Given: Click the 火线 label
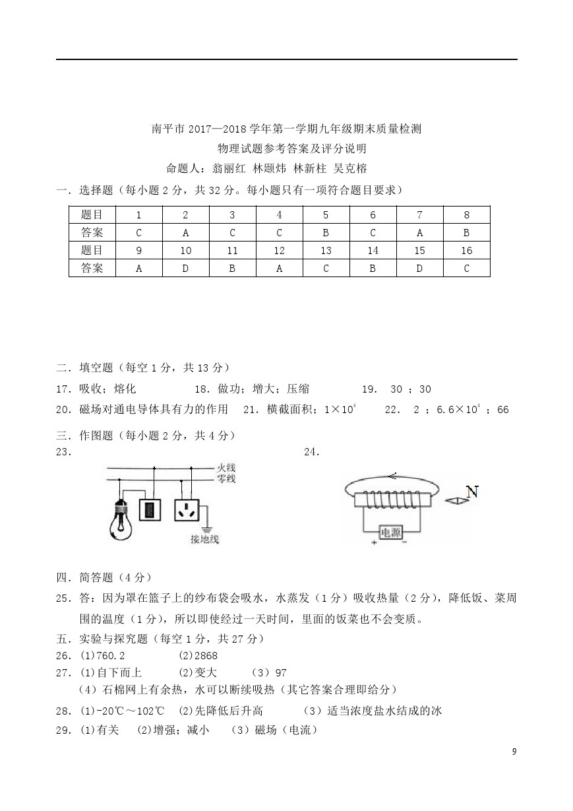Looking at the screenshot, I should point(226,469).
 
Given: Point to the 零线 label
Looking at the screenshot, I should point(226,478).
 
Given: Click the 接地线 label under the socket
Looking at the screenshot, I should point(204,539).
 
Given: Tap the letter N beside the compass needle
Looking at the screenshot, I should point(471,492).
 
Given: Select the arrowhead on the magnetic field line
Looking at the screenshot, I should point(392,475).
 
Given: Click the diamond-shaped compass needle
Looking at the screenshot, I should point(456,501).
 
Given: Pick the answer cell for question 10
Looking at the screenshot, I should point(185,268).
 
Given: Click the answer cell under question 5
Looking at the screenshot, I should point(326,232).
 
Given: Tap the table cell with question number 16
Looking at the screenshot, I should point(466,250).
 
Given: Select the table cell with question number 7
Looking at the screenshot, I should point(419,214).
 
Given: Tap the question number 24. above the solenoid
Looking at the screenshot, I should point(312,452).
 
